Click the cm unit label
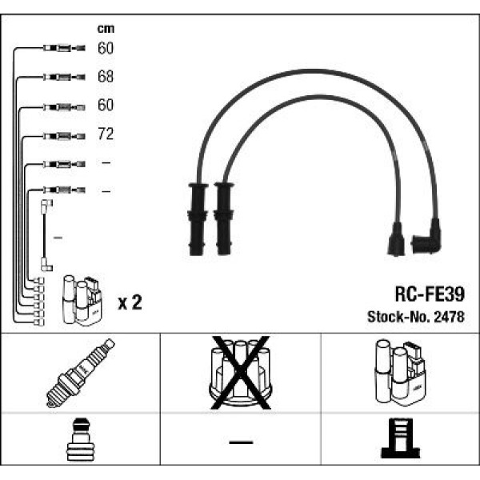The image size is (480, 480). point(105,29)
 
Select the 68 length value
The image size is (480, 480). point(106,77)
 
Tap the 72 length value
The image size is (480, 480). point(106,134)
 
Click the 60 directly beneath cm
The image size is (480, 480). point(106,49)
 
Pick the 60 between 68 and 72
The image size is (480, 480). point(106,106)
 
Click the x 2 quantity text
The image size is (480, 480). point(130,302)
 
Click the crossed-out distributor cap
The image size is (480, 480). point(239,372)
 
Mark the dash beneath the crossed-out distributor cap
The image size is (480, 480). point(239,442)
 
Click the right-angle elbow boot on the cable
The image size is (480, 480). point(426,238)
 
